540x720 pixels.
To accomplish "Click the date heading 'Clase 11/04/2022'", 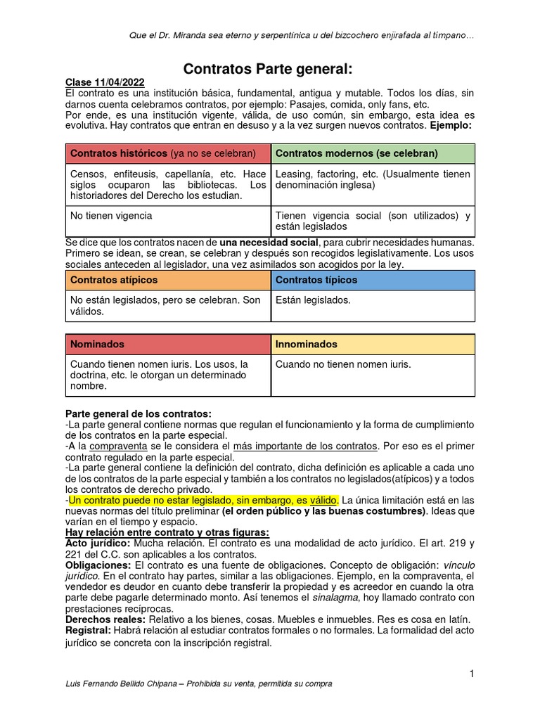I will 104,82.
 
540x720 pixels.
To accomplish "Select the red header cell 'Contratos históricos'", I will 167,153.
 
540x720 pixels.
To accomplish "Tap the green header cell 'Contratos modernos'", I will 373,153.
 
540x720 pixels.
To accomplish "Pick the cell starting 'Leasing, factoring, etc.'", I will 373,180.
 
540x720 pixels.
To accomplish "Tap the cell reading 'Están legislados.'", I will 313,300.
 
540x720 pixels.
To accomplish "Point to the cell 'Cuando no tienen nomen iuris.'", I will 343,365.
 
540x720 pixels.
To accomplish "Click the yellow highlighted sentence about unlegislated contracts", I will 204,500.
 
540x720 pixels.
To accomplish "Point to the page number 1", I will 472,674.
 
